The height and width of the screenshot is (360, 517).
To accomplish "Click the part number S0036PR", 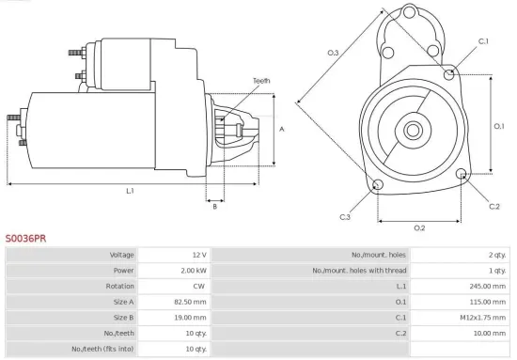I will click(x=26, y=239).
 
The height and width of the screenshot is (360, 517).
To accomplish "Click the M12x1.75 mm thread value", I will click(x=483, y=318).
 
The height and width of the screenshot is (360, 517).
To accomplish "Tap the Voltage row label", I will click(x=122, y=255).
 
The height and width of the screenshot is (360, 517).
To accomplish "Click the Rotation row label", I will click(x=121, y=287).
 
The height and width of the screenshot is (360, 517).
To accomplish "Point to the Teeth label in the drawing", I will click(x=261, y=81).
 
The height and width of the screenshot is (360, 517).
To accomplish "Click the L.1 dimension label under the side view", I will click(x=130, y=191).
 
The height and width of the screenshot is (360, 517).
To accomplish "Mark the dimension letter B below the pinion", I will click(x=214, y=207).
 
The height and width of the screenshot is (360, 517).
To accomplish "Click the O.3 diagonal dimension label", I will click(x=333, y=53).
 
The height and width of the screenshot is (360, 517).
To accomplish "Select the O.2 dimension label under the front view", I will click(x=419, y=228).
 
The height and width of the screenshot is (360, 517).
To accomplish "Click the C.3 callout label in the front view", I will click(x=345, y=217).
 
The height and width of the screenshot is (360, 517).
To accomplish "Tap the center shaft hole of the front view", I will click(x=415, y=128).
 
